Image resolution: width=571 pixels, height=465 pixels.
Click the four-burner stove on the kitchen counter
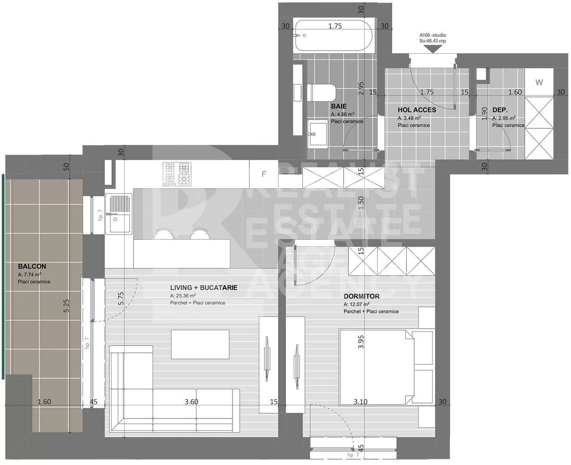(x=177, y=174)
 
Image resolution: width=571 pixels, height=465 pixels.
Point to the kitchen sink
(x=119, y=214)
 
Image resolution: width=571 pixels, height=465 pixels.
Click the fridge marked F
(x=264, y=174)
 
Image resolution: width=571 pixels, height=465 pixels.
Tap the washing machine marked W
(x=539, y=83)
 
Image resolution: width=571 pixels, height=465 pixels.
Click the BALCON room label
(x=32, y=267)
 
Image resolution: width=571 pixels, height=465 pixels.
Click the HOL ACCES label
(x=416, y=110)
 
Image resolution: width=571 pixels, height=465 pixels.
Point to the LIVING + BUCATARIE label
(x=204, y=288)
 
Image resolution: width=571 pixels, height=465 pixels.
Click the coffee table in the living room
(x=200, y=344)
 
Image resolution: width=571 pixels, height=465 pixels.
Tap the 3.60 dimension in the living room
(x=191, y=402)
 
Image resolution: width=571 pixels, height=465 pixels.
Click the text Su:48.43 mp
(x=432, y=41)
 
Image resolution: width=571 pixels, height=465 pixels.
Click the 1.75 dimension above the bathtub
(x=335, y=26)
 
